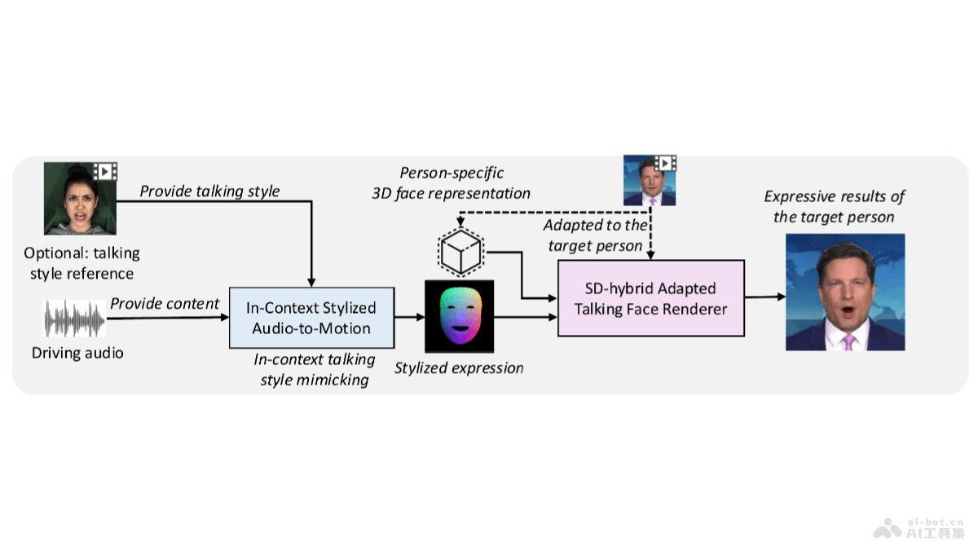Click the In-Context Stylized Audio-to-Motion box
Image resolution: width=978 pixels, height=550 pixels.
coord(311,318)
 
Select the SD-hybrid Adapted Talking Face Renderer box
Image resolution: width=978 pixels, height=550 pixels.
coord(650,298)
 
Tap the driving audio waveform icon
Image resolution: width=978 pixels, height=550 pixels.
coord(75,319)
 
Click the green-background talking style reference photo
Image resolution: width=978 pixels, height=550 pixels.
coord(79,198)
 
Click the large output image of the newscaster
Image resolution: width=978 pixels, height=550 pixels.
coord(845,292)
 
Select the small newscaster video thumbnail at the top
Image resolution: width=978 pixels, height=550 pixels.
coord(650,180)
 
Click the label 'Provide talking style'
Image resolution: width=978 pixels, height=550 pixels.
coord(209,191)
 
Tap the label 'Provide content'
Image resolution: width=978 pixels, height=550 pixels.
coord(165,304)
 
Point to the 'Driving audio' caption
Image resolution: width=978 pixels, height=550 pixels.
coord(77,354)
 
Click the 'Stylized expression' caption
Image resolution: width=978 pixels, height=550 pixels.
coord(459,368)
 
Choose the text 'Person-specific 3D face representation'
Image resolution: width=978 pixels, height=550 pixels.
coord(452,183)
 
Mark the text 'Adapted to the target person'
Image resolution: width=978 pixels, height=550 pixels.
coord(596,235)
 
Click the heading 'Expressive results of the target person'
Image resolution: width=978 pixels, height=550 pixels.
coord(834,207)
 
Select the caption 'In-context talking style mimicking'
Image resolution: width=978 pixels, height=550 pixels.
coord(315,369)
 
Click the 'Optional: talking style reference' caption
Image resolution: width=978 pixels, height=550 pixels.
coord(81,263)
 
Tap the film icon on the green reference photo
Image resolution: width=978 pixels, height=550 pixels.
coord(106,171)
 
